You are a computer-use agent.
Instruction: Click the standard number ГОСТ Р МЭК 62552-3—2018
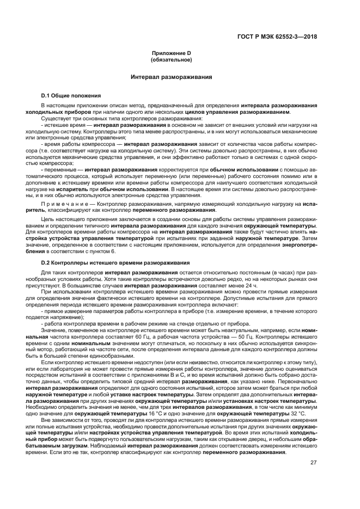point(277,37)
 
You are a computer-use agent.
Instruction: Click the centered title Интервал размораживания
point(171,77)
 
